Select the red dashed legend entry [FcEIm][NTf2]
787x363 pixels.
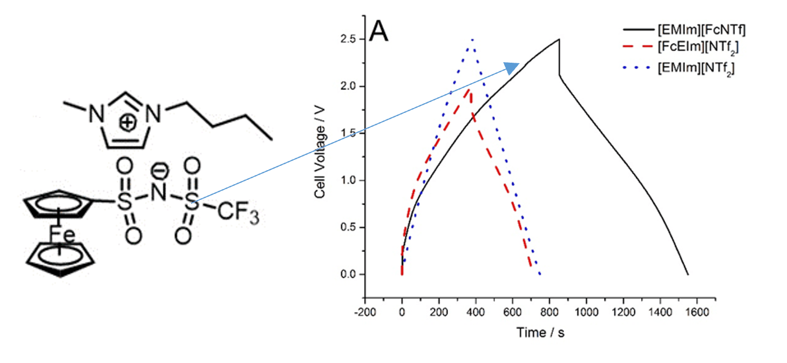(x=698, y=48)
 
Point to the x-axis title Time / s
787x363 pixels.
(x=540, y=332)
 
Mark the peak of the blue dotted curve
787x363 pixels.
(x=472, y=40)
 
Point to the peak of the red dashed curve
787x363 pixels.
(x=470, y=90)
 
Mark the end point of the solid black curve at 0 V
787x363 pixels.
(x=688, y=274)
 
